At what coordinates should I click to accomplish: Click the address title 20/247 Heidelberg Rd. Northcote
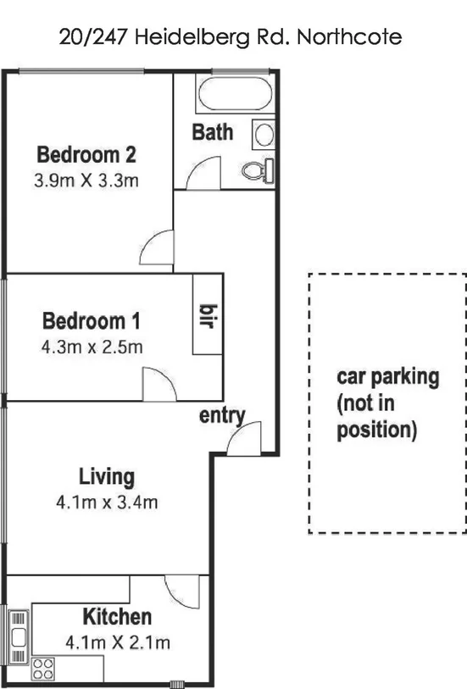pyautogui.click(x=230, y=36)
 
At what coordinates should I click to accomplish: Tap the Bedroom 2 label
pyautogui.click(x=86, y=155)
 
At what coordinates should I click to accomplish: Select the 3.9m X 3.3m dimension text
pyautogui.click(x=86, y=180)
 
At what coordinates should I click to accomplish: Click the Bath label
pyautogui.click(x=212, y=132)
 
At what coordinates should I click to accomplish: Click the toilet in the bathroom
pyautogui.click(x=257, y=170)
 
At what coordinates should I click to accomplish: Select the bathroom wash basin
pyautogui.click(x=264, y=135)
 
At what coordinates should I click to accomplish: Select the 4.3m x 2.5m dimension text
pyautogui.click(x=92, y=347)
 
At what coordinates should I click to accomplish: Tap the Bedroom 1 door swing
pyautogui.click(x=159, y=386)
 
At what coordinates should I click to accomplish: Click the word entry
pyautogui.click(x=222, y=415)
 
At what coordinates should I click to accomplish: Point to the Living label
pyautogui.click(x=107, y=476)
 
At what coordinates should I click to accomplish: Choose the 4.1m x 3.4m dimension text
pyautogui.click(x=107, y=502)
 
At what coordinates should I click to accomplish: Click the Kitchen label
pyautogui.click(x=117, y=617)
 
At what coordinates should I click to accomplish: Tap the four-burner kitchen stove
pyautogui.click(x=43, y=669)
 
